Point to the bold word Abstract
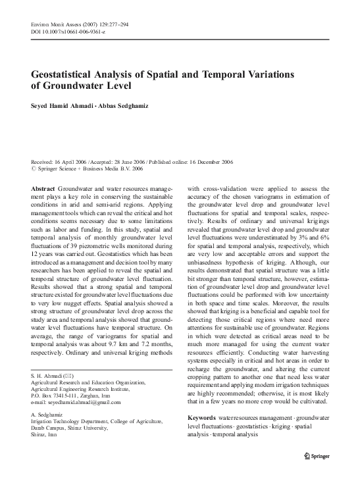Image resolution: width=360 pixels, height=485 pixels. click(x=43, y=188)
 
